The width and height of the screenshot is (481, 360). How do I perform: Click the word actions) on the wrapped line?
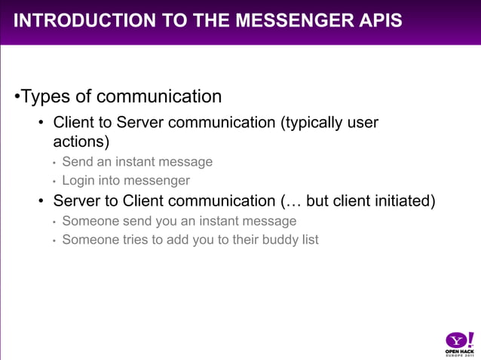(x=81, y=142)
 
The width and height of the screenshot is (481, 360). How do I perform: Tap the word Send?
(x=76, y=161)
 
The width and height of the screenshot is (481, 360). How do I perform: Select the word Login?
(x=78, y=181)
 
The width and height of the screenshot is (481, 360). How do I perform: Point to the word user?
(x=363, y=122)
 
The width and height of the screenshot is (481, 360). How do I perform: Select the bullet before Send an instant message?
(x=54, y=163)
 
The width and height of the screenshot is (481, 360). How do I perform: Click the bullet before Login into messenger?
(x=54, y=182)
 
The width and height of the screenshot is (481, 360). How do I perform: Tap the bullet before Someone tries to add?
(x=54, y=240)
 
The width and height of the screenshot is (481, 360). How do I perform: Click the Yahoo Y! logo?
(x=458, y=339)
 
